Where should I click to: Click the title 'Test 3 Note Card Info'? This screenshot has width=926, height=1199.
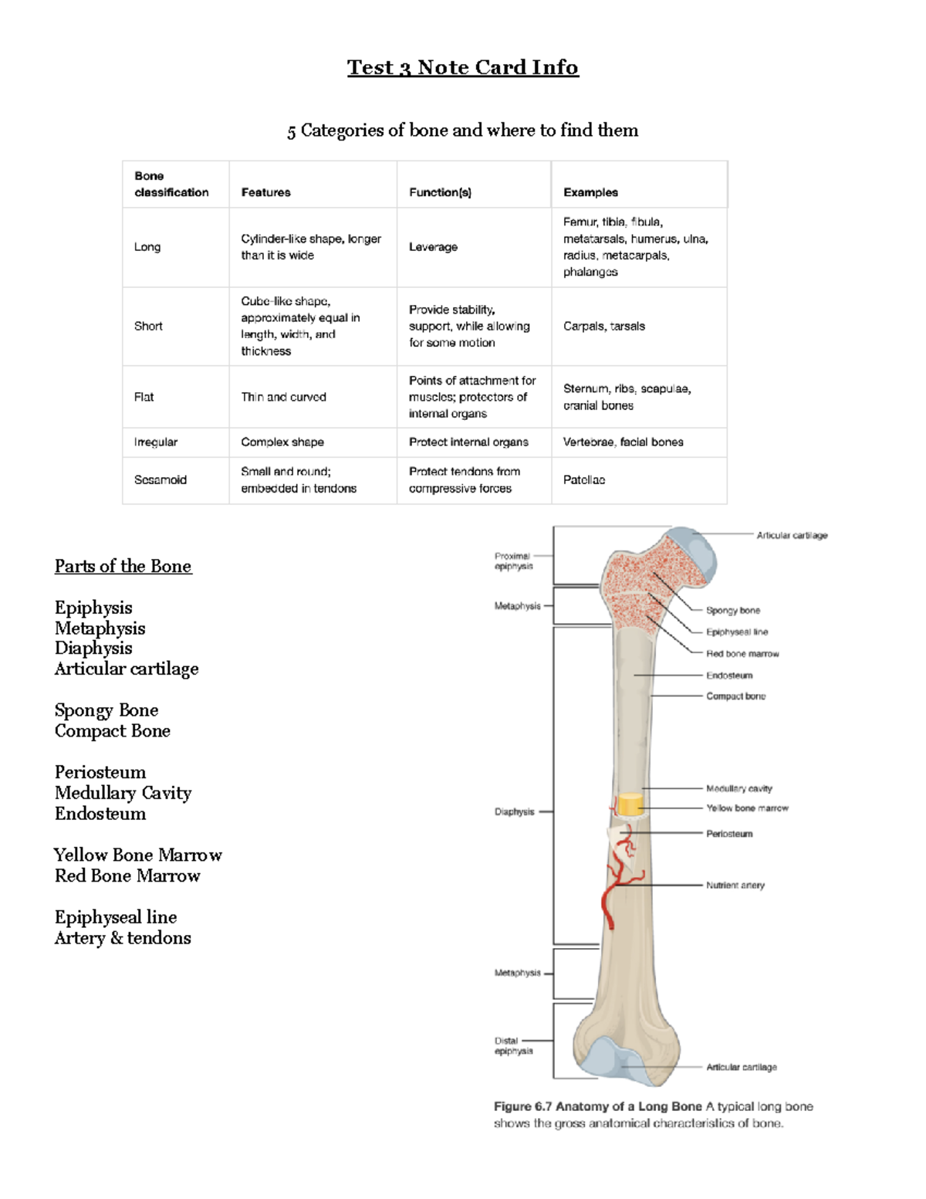462,68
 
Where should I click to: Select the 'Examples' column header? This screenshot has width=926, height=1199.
590,192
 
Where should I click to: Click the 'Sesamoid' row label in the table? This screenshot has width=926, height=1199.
161,480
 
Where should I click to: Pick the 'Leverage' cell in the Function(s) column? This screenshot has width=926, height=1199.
433,247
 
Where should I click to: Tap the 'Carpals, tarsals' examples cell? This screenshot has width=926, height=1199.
603,327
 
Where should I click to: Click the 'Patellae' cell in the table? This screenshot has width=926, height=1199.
584,480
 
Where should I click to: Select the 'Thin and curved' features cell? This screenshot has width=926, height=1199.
283,397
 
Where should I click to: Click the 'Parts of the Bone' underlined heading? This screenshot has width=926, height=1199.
123,567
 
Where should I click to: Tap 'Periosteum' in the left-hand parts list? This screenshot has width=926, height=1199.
100,773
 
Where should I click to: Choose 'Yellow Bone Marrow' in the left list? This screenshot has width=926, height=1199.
138,855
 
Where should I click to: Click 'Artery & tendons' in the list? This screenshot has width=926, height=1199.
123,938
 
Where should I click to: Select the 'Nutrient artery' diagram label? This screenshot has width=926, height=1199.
735,886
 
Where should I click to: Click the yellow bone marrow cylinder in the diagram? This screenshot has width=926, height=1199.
630,804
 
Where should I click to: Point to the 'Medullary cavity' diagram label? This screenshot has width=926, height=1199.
738,788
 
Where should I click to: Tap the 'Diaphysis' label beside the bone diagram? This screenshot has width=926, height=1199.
514,812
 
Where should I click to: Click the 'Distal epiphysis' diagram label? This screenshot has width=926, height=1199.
513,1045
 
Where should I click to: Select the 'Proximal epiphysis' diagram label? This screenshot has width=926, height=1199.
513,561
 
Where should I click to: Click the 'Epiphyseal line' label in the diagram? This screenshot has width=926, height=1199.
737,632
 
